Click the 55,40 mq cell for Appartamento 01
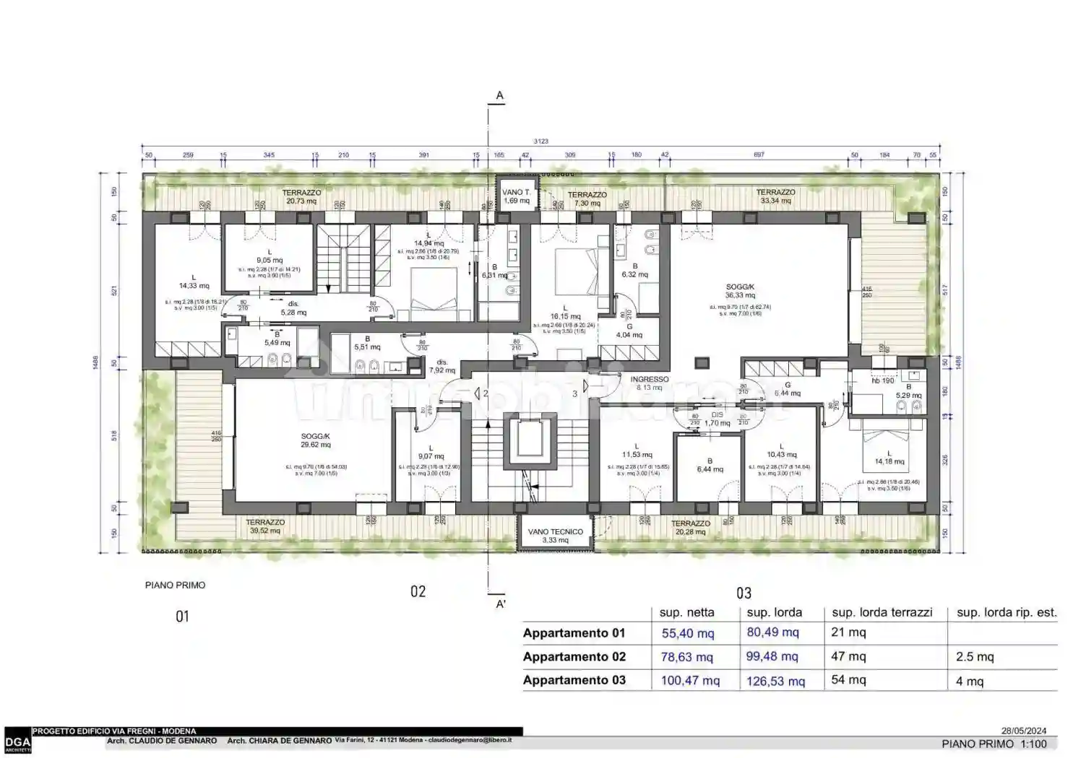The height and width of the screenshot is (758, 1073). [687, 634]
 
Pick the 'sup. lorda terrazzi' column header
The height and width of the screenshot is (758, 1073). [882, 613]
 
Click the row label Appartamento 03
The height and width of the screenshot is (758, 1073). [574, 680]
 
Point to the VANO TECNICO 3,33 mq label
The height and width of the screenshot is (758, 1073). [555, 536]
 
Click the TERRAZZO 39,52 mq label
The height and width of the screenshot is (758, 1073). [265, 526]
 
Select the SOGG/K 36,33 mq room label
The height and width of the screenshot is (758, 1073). [740, 291]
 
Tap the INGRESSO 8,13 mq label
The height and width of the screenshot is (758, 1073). [649, 383]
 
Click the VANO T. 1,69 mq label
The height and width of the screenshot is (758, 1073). [516, 196]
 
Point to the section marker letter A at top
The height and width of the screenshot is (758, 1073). [499, 95]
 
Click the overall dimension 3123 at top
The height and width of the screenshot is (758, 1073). [540, 141]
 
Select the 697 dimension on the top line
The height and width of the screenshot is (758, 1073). [759, 154]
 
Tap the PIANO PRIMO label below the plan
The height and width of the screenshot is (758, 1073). [175, 585]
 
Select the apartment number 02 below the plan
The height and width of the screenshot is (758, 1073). [418, 592]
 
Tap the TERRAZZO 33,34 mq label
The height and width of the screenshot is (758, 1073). [775, 196]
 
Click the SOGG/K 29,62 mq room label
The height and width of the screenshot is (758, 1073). [316, 440]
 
